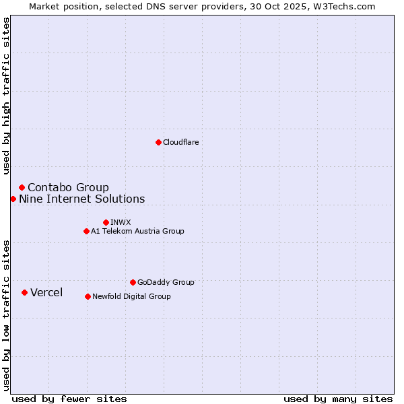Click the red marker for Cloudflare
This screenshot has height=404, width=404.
(158, 142)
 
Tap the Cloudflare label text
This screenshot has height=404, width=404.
(180, 142)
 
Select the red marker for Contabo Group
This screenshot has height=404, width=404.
(22, 187)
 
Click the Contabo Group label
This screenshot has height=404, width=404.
(68, 187)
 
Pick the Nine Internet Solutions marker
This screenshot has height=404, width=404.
(13, 199)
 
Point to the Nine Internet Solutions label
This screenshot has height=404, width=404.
(81, 199)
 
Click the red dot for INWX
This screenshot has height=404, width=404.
(106, 222)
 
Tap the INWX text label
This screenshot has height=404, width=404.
(121, 222)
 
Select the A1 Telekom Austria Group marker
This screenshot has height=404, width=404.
(86, 231)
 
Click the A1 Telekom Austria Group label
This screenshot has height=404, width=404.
(137, 231)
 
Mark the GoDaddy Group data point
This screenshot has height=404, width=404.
(133, 282)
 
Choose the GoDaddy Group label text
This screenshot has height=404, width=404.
(165, 282)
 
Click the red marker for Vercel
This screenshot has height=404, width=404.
(24, 292)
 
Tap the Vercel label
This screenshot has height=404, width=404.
(46, 292)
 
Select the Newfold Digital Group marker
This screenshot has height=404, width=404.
(88, 296)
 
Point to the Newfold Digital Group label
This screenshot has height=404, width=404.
(131, 296)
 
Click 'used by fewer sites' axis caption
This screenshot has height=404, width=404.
(69, 399)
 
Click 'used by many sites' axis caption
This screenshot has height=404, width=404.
(338, 399)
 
